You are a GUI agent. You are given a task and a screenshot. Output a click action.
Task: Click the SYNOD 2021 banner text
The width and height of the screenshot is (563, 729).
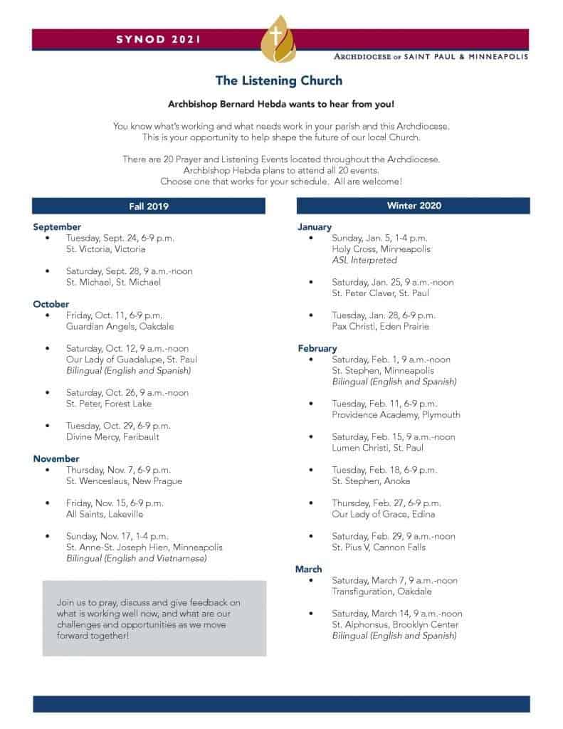pyautogui.click(x=158, y=39)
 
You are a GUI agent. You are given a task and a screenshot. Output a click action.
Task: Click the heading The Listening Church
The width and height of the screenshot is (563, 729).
pyautogui.click(x=280, y=80)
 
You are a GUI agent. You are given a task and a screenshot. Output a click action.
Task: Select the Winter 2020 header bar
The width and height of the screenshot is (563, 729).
pyautogui.click(x=414, y=206)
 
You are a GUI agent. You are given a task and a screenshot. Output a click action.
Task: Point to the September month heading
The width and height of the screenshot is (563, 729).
pyautogui.click(x=57, y=227)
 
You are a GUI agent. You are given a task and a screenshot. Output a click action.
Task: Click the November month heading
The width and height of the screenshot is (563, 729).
pyautogui.click(x=56, y=458)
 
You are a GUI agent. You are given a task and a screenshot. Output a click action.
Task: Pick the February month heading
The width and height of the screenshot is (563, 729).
pyautogui.click(x=317, y=348)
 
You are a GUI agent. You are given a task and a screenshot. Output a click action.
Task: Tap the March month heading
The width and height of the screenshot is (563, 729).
pyautogui.click(x=309, y=569)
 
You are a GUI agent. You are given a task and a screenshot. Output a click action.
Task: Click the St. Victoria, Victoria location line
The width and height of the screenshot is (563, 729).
pyautogui.click(x=105, y=249)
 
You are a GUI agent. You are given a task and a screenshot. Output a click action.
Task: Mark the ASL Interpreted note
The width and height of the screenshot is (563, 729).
pyautogui.click(x=364, y=260)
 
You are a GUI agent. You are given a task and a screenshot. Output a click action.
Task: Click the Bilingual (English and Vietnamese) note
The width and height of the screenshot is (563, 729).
pyautogui.click(x=137, y=558)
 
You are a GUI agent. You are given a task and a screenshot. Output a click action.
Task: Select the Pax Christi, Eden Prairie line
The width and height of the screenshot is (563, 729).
pyautogui.click(x=381, y=326)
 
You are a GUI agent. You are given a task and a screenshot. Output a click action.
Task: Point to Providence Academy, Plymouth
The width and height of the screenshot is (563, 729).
pyautogui.click(x=396, y=414)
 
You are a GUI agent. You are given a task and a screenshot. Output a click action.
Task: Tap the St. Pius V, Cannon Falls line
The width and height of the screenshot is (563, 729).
pyautogui.click(x=379, y=547)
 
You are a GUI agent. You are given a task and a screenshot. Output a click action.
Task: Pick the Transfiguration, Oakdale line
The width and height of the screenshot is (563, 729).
pyautogui.click(x=382, y=591)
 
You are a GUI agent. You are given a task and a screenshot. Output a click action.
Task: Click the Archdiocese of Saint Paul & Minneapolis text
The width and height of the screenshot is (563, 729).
pyautogui.click(x=431, y=56)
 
